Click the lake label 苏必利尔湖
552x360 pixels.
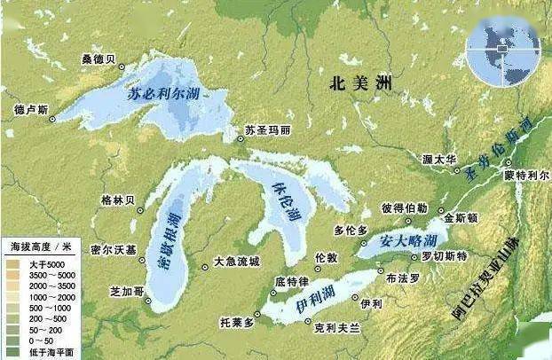point(163,95)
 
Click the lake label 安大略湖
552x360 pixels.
point(409,241)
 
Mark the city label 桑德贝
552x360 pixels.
point(99,59)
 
